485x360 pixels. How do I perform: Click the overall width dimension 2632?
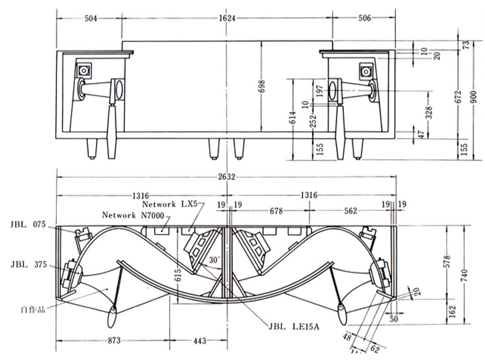(x=227, y=177)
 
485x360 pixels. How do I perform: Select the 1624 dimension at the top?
(x=227, y=18)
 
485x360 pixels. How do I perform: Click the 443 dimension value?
(x=199, y=341)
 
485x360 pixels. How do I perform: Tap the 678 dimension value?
(x=276, y=211)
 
